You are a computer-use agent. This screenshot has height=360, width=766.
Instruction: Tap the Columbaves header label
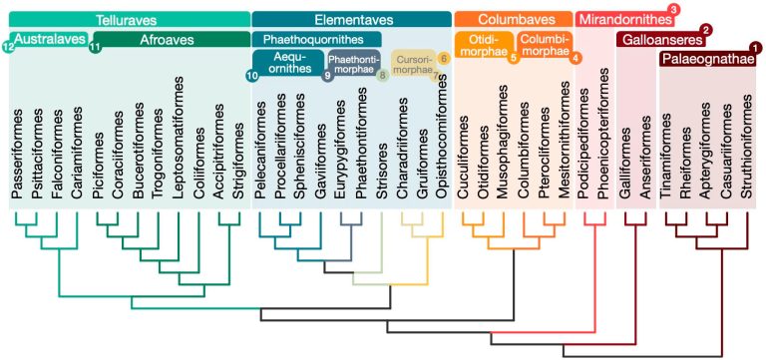pyautogui.click(x=513, y=19)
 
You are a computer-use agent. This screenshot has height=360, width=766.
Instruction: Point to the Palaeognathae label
pyautogui.click(x=709, y=60)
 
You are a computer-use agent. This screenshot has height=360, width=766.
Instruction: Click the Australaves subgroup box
pyautogui.click(x=45, y=40)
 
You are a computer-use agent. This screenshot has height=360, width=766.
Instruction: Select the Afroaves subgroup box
pyautogui.click(x=165, y=40)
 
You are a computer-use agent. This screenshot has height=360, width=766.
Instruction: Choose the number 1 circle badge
pyautogui.click(x=752, y=48)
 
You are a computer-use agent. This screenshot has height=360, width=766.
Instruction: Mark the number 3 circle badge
pyautogui.click(x=674, y=10)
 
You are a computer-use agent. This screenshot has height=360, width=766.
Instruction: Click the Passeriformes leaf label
pyautogui.click(x=17, y=151)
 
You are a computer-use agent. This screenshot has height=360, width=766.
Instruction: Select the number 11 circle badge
pyautogui.click(x=96, y=48)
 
